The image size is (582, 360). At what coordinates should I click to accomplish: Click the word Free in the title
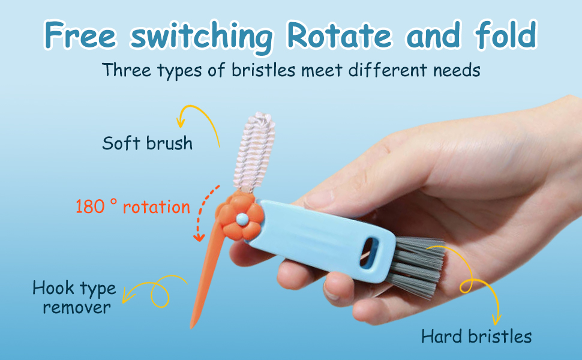(80, 35)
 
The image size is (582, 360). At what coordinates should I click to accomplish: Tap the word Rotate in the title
(339, 35)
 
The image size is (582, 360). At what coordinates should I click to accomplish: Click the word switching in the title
(202, 37)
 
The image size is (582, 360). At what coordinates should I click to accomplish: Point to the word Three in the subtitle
(126, 70)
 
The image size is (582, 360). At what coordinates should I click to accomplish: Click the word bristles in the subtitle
(263, 70)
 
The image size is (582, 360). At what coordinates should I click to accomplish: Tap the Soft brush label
(148, 143)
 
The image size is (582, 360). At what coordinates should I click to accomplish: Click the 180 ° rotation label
(133, 207)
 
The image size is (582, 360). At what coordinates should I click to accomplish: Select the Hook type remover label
(74, 298)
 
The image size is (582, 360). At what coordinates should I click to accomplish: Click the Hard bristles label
(476, 337)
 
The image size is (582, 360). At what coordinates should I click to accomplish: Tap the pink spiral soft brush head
(254, 152)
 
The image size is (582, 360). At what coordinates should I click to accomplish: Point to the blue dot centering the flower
(242, 218)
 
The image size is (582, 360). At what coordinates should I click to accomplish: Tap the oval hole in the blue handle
(368, 253)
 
